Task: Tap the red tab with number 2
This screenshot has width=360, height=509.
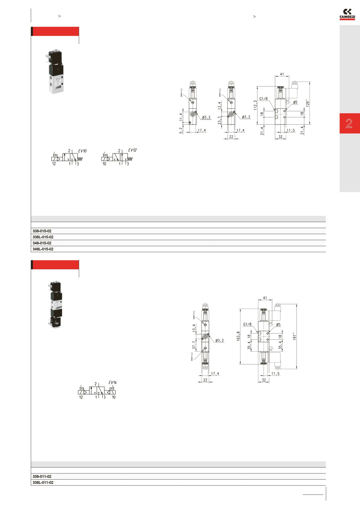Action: tap(349, 123)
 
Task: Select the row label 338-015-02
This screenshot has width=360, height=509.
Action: tap(42, 231)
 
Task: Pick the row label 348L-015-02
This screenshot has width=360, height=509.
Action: tap(43, 249)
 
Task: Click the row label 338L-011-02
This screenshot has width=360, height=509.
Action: tap(43, 482)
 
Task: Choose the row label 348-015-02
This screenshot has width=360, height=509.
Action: tap(42, 243)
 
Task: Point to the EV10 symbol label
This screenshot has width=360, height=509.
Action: tap(82, 151)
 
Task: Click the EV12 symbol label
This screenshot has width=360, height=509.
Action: tap(132, 150)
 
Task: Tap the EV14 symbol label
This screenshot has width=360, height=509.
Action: tap(113, 383)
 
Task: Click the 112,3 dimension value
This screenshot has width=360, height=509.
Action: tap(255, 105)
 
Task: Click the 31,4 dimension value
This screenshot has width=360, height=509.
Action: tap(181, 117)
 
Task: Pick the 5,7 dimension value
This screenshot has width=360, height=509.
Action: tap(181, 130)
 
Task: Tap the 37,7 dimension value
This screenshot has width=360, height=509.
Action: tap(194, 345)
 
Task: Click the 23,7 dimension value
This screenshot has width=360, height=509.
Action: tap(220, 120)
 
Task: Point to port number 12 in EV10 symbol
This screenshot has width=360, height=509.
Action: tap(54, 164)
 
